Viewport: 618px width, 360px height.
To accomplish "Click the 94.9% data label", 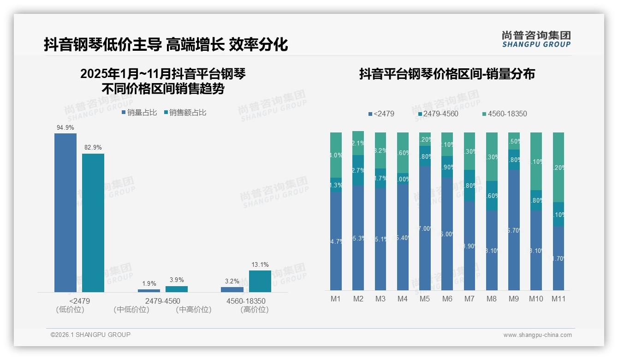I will (x=65, y=128).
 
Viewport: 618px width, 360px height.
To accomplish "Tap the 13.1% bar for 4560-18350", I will (x=260, y=281).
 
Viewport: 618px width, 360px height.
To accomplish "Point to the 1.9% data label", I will (x=149, y=283).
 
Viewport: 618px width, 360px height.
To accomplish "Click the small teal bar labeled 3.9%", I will (x=177, y=289).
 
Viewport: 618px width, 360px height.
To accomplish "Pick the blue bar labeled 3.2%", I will (x=232, y=289).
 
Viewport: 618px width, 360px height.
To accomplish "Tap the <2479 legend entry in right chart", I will (x=381, y=114).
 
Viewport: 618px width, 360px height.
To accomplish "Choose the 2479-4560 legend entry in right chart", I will (x=438, y=114).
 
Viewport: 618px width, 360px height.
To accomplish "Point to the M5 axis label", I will (x=425, y=299).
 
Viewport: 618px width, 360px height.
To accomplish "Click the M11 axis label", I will (x=559, y=299).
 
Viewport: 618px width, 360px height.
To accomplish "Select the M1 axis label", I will (x=336, y=299).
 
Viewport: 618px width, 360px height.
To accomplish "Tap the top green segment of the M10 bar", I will (x=536, y=161).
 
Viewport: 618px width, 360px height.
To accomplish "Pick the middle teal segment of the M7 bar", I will (x=469, y=186).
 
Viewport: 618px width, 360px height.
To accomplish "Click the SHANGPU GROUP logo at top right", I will (x=536, y=39).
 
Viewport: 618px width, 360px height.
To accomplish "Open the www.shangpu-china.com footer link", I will (x=537, y=335).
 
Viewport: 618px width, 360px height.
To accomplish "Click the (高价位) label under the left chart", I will (x=254, y=310).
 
